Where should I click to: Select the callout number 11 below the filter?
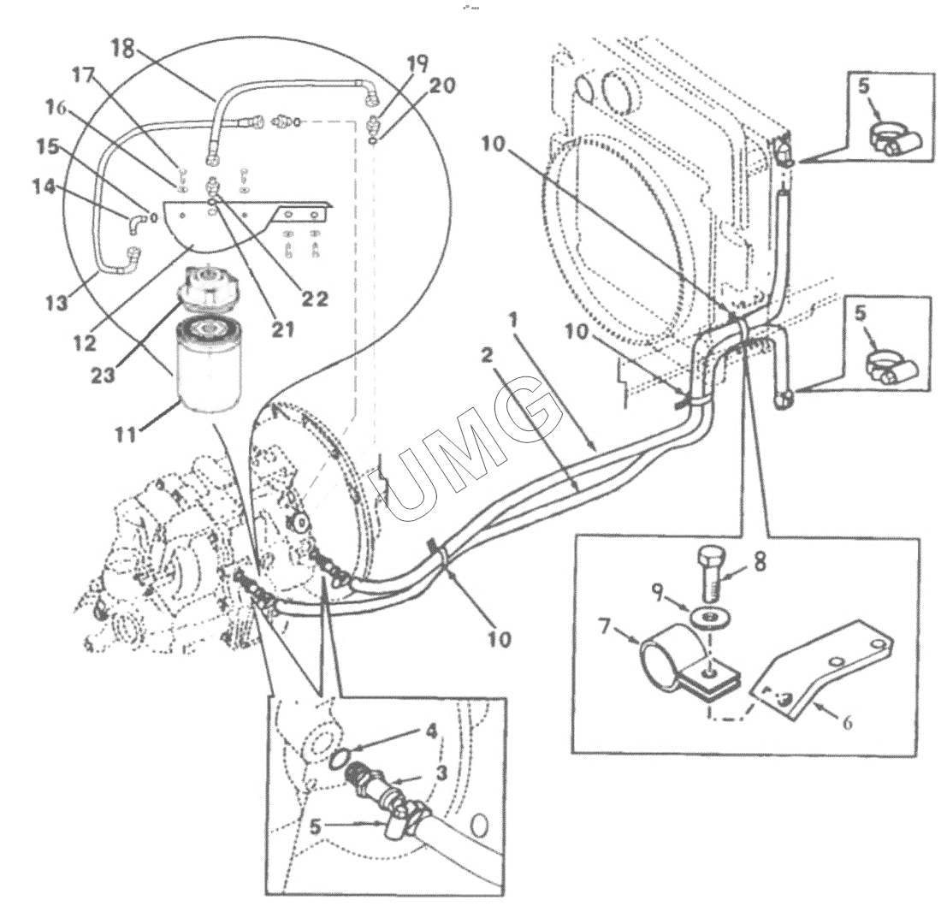(127, 433)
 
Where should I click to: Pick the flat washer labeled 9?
(709, 618)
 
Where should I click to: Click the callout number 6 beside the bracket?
(847, 722)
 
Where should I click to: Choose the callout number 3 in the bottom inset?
(441, 773)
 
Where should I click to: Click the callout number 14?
(44, 187)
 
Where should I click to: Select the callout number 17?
(84, 75)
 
